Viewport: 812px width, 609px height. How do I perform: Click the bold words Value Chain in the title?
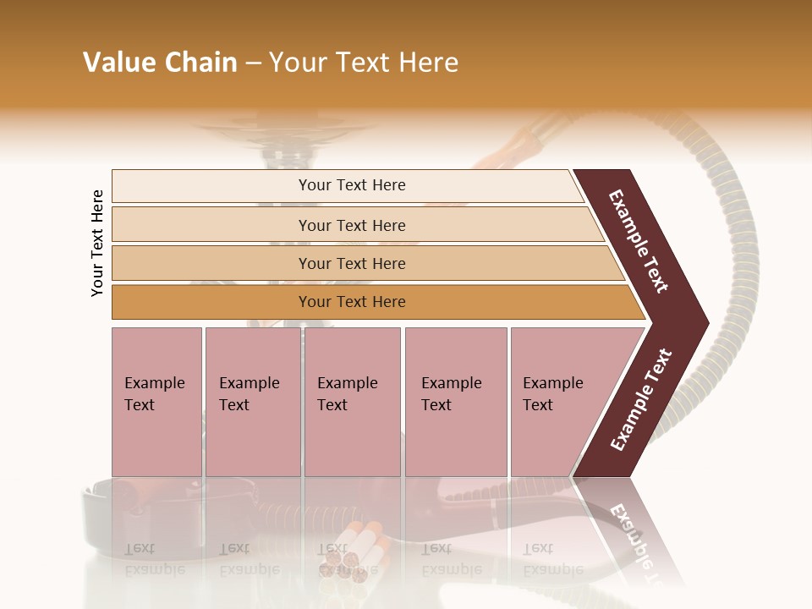click(160, 63)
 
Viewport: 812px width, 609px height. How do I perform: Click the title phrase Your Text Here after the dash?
click(364, 63)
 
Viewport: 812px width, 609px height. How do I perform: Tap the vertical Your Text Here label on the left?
click(98, 243)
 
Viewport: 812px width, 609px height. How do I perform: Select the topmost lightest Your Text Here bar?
click(351, 185)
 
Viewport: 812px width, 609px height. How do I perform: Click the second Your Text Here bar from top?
click(351, 225)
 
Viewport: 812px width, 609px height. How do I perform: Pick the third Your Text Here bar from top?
click(351, 263)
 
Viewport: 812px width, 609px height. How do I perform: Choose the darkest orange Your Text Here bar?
click(351, 302)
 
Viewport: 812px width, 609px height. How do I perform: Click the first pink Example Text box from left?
click(156, 401)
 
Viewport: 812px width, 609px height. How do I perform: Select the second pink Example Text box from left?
click(252, 401)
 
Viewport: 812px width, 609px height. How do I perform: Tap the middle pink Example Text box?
click(352, 401)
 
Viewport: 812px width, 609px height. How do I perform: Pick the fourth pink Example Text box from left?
click(455, 401)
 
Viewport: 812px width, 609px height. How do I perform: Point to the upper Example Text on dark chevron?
click(639, 242)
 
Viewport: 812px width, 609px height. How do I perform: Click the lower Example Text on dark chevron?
click(641, 400)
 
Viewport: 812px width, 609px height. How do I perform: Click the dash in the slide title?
click(253, 63)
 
